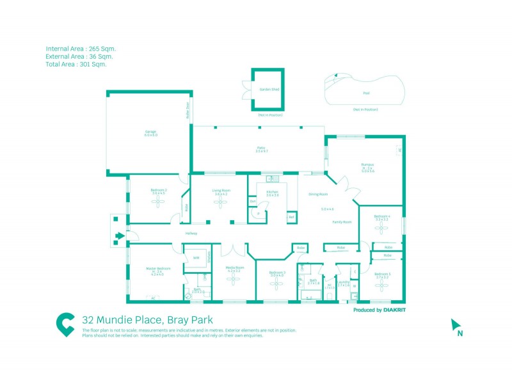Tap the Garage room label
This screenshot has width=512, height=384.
150,133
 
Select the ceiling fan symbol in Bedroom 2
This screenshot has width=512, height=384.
159,202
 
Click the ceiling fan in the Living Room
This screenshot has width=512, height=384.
221,202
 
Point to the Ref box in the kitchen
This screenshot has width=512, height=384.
291,218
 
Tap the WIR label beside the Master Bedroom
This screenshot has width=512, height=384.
196,258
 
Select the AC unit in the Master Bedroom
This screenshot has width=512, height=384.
152,298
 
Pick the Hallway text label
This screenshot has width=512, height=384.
191,234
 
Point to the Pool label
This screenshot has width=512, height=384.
366,93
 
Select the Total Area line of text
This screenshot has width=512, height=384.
76,64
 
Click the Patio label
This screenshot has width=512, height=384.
261,149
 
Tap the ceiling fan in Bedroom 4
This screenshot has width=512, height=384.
381,227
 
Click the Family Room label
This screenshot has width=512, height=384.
342,222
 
